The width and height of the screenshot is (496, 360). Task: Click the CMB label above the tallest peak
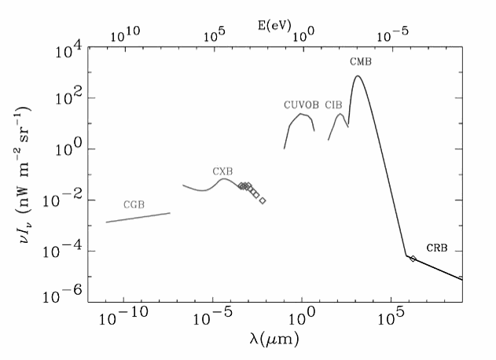361,61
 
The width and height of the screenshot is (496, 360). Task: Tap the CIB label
333,105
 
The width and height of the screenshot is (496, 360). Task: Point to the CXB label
222,171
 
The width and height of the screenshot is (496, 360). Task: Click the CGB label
134,204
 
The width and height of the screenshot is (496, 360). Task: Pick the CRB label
437,248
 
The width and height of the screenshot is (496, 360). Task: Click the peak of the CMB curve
358,76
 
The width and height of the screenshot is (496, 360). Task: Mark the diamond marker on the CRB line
413,259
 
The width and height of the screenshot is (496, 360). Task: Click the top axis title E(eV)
274,25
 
